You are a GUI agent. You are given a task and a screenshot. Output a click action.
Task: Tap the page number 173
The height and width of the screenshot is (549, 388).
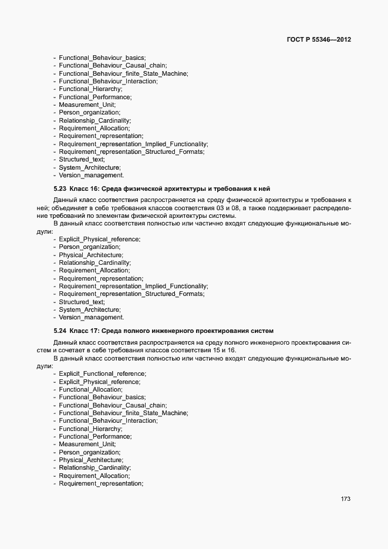(x=345, y=499)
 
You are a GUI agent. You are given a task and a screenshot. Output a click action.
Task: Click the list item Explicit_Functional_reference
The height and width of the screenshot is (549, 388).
(x=102, y=373)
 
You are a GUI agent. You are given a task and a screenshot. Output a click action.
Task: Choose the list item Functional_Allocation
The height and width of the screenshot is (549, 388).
(x=90, y=389)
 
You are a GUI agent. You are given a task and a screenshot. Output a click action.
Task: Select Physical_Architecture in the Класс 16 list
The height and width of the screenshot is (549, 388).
(x=90, y=255)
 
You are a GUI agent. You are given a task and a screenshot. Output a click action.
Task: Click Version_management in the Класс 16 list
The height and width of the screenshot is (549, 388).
(x=91, y=317)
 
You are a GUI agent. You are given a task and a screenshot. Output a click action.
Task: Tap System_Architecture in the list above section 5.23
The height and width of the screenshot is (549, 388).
(x=89, y=167)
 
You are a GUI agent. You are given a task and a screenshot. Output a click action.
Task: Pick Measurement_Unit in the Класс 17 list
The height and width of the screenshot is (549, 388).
(x=87, y=444)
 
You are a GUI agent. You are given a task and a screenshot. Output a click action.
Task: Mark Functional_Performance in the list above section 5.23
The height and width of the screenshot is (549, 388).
(x=95, y=97)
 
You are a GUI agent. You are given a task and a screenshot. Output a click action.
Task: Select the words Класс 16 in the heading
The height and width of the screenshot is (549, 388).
(x=85, y=189)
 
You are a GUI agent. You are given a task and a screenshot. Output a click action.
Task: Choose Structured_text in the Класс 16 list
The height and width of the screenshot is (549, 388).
(x=82, y=302)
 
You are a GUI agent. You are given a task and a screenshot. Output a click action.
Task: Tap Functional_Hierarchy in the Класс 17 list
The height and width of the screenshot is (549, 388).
(x=90, y=429)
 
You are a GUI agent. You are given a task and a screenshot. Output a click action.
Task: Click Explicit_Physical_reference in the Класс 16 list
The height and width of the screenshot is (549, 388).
(x=99, y=240)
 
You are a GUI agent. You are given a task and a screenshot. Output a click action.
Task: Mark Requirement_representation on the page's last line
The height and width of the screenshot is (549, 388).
(x=100, y=483)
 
